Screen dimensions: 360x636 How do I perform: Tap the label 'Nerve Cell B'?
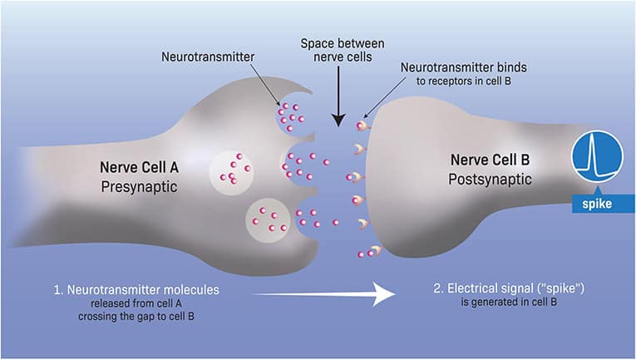click(x=491, y=159)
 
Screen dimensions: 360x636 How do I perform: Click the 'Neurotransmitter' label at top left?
click(x=208, y=57)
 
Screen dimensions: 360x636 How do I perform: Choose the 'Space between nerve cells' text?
click(x=337, y=51)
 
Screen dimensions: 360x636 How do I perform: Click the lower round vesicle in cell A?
click(x=270, y=218)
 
